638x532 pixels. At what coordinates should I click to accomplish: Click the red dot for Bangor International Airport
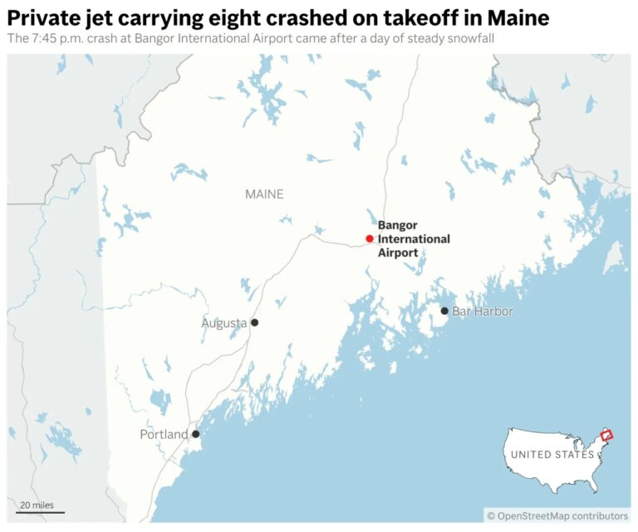(370, 239)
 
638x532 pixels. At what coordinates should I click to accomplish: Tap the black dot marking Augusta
(255, 323)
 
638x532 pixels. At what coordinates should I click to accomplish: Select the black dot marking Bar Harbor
(444, 311)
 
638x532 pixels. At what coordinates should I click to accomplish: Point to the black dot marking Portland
(195, 434)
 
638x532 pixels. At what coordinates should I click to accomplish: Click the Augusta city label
(223, 323)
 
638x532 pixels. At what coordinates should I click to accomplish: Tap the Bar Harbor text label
(483, 311)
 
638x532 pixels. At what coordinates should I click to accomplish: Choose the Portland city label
(164, 434)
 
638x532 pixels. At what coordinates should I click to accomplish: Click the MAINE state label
(264, 195)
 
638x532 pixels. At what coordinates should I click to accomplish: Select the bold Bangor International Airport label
(414, 239)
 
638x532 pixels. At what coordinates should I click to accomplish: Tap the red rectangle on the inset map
(606, 435)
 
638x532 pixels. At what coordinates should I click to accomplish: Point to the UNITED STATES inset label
(552, 455)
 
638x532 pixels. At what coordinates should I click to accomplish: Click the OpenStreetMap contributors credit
(557, 516)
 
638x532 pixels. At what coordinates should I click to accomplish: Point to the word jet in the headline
(100, 16)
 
